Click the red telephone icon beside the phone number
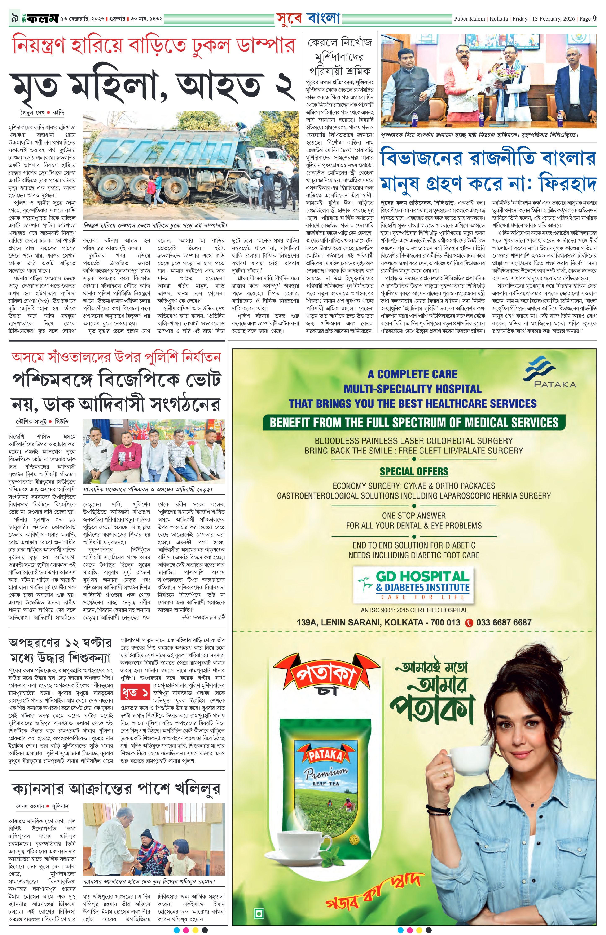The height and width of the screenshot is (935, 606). click(x=469, y=622)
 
